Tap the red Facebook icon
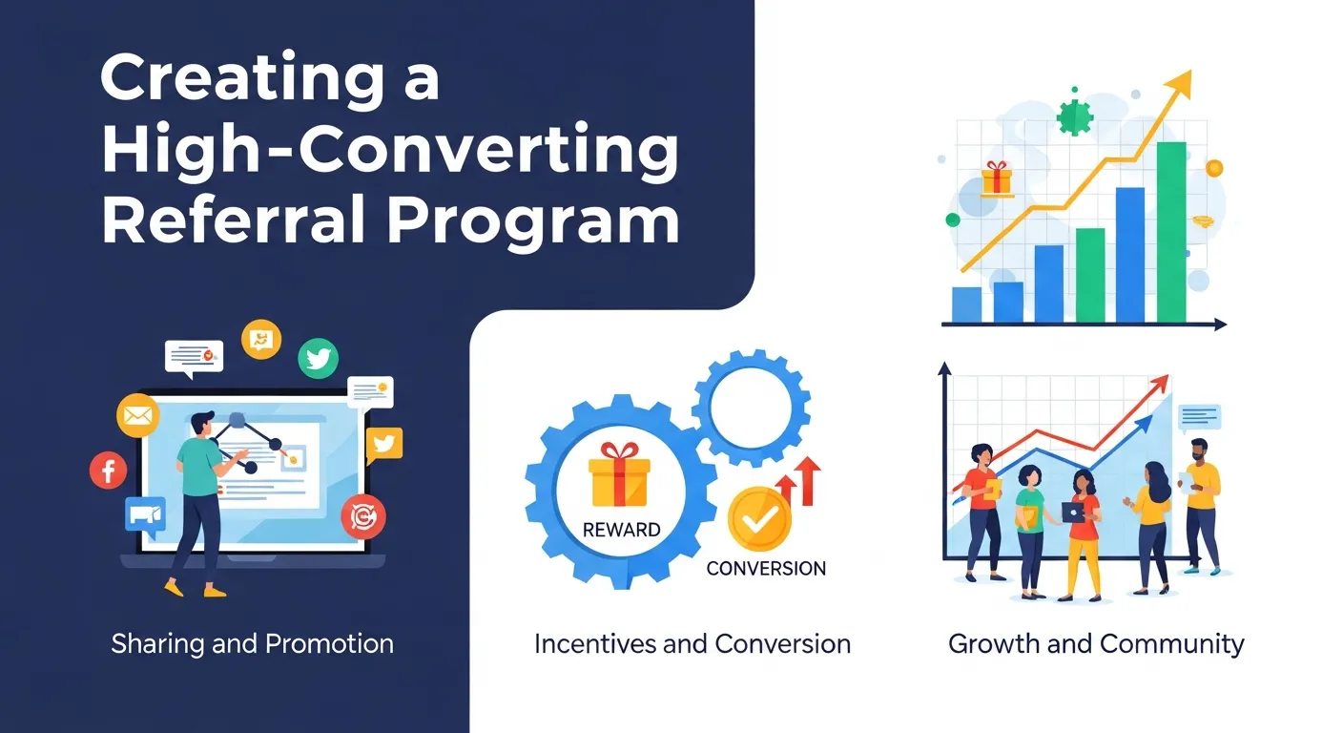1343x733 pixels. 108,470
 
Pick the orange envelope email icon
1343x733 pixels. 135,415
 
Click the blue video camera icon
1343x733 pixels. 145,515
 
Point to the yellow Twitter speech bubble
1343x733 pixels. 383,444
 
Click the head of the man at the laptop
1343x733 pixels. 202,423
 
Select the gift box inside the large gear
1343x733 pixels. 620,474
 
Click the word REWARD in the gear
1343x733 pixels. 620,530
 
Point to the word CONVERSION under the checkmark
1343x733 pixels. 766,569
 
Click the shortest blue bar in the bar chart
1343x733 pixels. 966,304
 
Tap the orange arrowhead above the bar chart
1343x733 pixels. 1180,83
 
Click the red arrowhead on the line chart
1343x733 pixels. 1161,382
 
